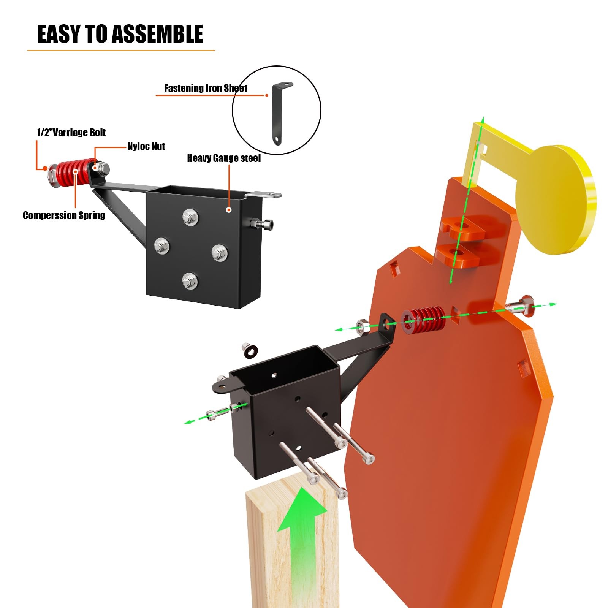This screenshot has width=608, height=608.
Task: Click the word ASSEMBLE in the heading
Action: [157, 34]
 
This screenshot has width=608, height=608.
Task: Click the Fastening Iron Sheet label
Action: [205, 88]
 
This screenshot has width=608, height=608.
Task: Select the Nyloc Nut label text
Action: [146, 146]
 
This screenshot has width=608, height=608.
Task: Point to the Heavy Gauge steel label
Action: [224, 158]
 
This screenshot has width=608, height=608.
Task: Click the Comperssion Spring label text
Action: [64, 215]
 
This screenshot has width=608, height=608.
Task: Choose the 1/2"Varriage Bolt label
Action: [71, 133]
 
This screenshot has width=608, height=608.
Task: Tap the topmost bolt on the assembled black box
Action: [190, 217]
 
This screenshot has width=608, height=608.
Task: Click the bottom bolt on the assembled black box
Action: [190, 281]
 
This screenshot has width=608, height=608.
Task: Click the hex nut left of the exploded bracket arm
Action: [361, 326]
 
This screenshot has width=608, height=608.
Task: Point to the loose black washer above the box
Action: [250, 350]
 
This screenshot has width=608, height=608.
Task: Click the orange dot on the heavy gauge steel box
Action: [229, 209]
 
